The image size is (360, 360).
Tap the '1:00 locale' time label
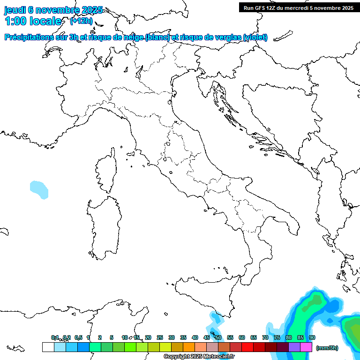(x=33, y=21)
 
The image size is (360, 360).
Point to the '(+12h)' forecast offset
(x=81, y=21)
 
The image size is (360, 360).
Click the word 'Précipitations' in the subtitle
(x=26, y=37)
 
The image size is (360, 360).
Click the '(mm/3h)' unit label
(x=327, y=348)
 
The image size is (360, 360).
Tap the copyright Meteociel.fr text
(x=199, y=357)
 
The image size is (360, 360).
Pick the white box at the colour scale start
(x=48, y=347)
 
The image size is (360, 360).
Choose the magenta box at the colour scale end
(x=307, y=347)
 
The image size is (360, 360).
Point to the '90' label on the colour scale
(x=312, y=337)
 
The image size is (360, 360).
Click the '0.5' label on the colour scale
(x=78, y=337)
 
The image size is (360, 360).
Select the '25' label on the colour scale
(x=160, y=337)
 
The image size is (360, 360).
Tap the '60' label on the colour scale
(x=242, y=337)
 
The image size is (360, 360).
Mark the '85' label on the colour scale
(x=300, y=337)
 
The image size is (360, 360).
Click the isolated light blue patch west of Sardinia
(x=39, y=189)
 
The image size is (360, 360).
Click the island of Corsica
(x=107, y=171)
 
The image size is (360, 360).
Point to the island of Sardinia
(x=103, y=227)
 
